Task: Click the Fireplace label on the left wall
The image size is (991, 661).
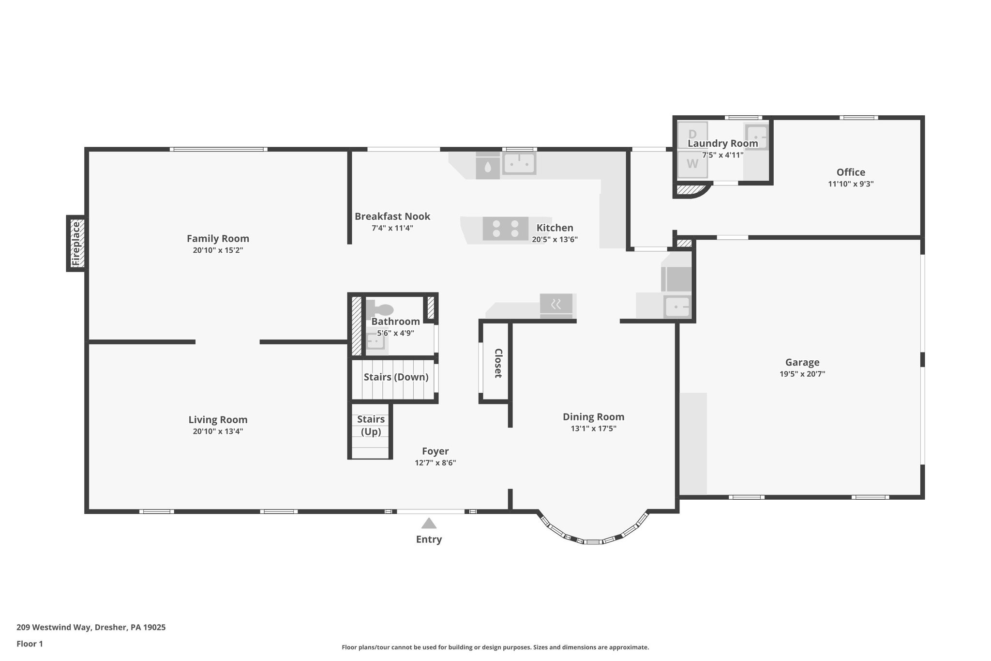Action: (76, 243)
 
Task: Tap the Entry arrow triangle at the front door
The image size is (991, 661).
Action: (429, 523)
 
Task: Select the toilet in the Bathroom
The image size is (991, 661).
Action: (381, 308)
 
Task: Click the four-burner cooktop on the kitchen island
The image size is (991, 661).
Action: (505, 229)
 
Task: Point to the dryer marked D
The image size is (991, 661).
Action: (692, 134)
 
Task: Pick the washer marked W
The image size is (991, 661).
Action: (692, 164)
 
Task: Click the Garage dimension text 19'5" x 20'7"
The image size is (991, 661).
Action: (802, 374)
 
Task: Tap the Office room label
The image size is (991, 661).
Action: (851, 172)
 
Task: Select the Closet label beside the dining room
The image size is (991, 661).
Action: (498, 363)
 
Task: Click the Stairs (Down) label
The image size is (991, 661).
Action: (396, 377)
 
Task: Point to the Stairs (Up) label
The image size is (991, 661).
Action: (371, 425)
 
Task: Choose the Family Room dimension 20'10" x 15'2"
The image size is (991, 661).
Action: (218, 250)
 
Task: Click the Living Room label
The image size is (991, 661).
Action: (218, 420)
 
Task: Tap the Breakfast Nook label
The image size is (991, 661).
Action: (392, 216)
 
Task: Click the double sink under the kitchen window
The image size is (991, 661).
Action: (519, 164)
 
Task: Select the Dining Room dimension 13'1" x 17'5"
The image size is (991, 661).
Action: (593, 429)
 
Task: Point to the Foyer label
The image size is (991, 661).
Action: (435, 451)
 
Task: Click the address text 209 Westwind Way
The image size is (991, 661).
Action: (91, 627)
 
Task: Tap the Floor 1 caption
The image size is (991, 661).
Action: (30, 644)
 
